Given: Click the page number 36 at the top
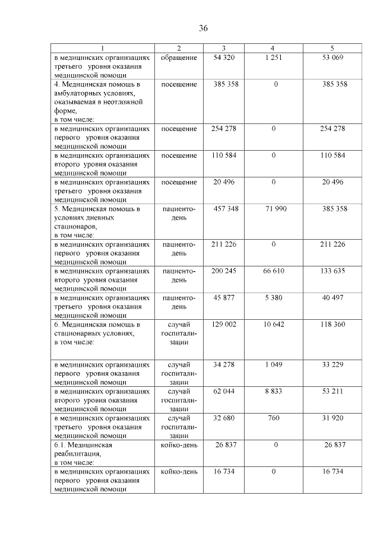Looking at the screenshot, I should (203, 28).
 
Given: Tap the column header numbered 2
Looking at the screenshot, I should (179, 48).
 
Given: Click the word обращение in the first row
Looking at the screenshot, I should (179, 58).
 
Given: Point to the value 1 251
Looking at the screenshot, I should (273, 58).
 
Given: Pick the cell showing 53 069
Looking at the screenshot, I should (332, 58).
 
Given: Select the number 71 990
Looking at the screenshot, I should (273, 209).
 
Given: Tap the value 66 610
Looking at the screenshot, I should (273, 270).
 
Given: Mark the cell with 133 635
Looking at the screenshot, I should (332, 270).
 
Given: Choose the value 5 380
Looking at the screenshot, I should (273, 297).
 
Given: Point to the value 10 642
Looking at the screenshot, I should (273, 325).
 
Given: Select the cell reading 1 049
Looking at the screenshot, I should (273, 364).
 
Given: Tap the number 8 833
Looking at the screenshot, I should (273, 391).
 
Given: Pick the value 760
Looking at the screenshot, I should (273, 418).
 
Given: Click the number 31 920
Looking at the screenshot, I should (332, 418).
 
